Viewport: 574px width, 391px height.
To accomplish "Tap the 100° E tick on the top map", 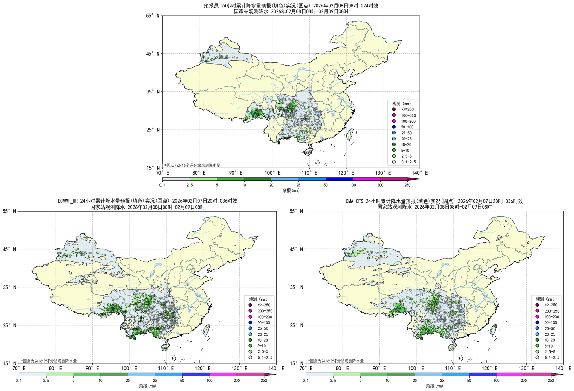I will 272,173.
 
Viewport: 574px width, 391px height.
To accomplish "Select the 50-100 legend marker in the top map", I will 394,127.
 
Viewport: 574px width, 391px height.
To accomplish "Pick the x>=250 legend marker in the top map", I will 394,109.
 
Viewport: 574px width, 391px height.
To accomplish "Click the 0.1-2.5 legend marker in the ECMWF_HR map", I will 250,357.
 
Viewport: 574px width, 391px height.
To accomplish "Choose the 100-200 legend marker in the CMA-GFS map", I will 537,317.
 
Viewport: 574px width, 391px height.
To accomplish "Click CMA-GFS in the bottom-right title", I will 355,201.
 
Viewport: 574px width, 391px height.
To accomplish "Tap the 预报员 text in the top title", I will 211,6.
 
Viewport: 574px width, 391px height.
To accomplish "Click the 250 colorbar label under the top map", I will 407,185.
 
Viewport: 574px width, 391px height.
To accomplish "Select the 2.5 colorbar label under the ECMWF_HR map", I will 46,381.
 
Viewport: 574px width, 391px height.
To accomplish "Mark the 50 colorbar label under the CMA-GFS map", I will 469,381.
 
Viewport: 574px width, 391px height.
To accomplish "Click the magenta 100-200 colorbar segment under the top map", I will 367,179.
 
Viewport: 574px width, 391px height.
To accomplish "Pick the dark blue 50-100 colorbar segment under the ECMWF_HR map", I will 196,375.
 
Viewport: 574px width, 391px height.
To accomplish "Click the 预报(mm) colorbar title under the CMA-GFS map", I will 434,386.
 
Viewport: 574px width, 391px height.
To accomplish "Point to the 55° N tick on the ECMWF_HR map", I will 10,211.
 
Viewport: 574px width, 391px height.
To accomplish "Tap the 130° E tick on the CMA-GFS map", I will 526,368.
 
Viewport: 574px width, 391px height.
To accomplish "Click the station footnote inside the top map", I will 192,165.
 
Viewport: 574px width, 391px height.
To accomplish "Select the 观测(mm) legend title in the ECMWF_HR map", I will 258,299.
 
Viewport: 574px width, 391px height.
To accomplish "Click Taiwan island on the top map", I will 350,134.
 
